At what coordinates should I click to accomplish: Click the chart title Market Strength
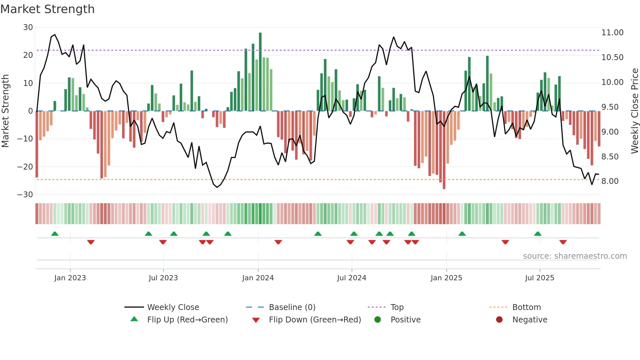coord(47,9)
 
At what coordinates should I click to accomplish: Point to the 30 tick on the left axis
coord(28,27)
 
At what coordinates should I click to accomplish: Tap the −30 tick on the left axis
coord(25,195)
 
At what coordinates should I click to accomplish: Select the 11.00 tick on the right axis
coord(612,33)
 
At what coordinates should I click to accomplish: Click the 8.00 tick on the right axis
coord(610,181)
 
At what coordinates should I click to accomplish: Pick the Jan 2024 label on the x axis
coord(258,278)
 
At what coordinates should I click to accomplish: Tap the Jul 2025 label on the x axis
coord(539,278)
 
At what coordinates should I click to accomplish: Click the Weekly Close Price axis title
coord(634,111)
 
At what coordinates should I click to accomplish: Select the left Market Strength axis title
coord(5,111)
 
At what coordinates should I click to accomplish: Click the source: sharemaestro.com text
coord(575,256)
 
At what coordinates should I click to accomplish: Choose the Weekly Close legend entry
coord(173,307)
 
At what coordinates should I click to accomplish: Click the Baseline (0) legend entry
coord(292,307)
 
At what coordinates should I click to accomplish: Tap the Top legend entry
coord(397,307)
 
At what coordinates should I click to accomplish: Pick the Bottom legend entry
coord(526,307)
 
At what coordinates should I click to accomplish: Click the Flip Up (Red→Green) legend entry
coord(187,320)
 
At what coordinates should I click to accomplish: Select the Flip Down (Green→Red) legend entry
coord(314,320)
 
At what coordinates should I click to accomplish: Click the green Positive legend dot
coord(378,320)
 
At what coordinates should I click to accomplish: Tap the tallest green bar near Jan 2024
coord(260,72)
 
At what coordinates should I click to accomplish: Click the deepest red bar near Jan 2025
coord(444,150)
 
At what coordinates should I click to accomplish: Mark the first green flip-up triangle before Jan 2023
coord(55,234)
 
